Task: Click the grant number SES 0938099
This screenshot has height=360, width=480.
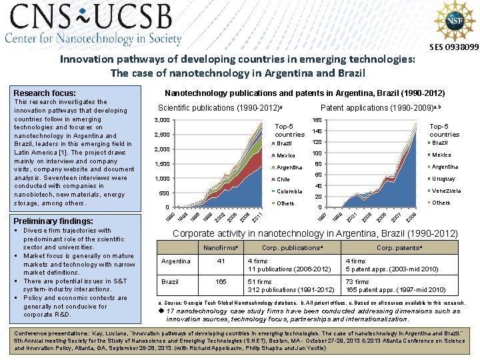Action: (453, 47)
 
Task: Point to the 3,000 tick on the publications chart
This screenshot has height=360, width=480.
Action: (161, 120)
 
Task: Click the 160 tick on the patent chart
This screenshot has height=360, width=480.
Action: (317, 120)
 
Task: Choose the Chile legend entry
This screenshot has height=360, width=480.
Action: (283, 179)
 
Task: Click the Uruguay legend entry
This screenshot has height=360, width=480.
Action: (443, 179)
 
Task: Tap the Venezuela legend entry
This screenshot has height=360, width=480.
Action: (446, 191)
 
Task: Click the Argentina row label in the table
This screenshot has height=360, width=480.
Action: (176, 261)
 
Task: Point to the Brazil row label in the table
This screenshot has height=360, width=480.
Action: (171, 282)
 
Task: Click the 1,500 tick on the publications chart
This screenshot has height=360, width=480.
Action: (161, 164)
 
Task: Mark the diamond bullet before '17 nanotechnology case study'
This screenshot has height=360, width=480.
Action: (160, 311)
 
